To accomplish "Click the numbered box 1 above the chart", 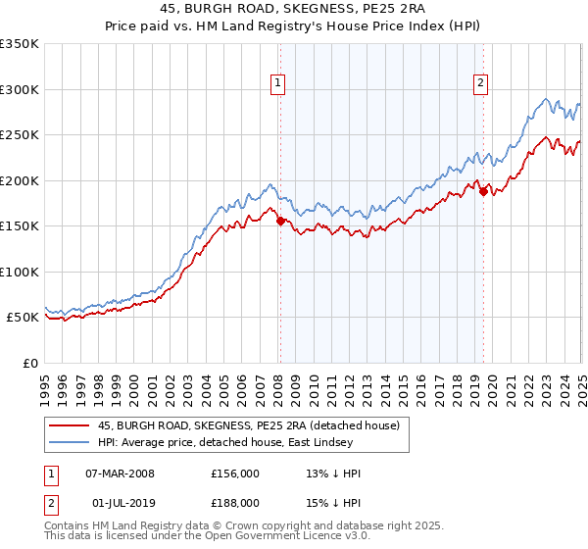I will tap(279, 84).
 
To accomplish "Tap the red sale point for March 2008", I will tap(280, 221).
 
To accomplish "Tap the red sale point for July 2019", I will tap(483, 192).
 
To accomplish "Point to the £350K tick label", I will tap(20, 44).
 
